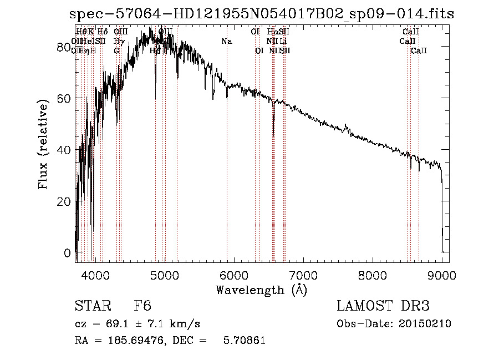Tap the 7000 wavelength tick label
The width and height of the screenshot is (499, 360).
pyautogui.click(x=303, y=275)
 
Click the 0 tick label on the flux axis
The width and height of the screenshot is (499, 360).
pyautogui.click(x=68, y=253)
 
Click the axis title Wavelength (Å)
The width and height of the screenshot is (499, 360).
pyautogui.click(x=261, y=290)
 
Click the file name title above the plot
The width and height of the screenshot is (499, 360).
pyautogui.click(x=261, y=14)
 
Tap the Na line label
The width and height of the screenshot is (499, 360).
pyautogui.click(x=226, y=42)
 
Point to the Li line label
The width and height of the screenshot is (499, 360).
pyautogui.click(x=283, y=42)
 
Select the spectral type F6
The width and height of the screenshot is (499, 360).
pyautogui.click(x=142, y=306)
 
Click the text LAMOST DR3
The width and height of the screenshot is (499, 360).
pyautogui.click(x=383, y=306)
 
